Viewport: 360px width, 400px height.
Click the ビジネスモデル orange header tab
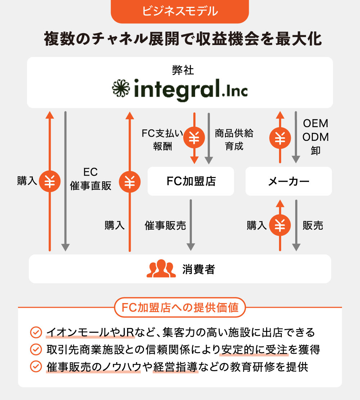click(180, 11)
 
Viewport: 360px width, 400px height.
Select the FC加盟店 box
click(191, 181)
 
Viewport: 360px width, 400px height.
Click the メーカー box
click(288, 181)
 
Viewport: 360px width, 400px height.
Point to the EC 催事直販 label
click(90, 179)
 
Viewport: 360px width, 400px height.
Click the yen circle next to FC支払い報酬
click(194, 138)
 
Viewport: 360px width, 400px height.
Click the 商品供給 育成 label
click(234, 139)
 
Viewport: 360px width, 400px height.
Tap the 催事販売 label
click(165, 226)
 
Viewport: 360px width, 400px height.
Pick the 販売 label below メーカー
click(313, 226)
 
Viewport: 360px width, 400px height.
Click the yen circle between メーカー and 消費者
click(280, 225)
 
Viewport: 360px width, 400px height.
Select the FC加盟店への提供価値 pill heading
click(180, 308)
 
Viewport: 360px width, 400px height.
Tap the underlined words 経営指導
click(175, 366)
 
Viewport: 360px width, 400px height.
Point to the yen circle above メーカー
click(280, 138)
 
